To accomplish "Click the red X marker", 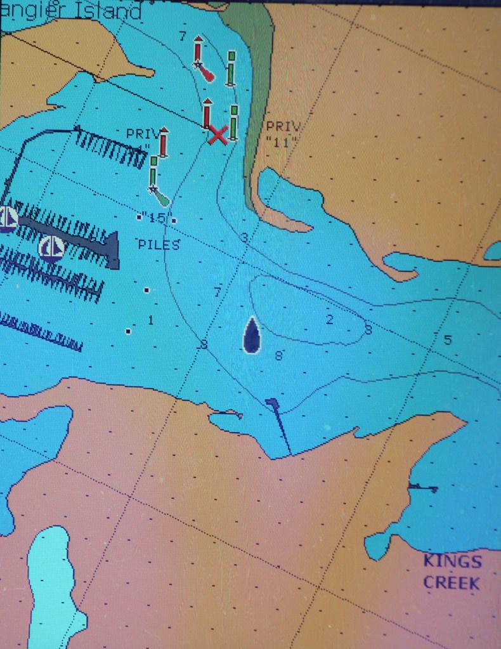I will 218,134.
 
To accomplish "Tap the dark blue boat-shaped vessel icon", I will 252,336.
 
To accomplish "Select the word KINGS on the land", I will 452,561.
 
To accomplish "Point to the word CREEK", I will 452,582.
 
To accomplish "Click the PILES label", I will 159,245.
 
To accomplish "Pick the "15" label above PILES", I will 154,219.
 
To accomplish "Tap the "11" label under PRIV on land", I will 282,142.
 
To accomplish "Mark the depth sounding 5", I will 448,341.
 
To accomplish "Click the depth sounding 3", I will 244,238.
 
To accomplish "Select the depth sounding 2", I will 329,320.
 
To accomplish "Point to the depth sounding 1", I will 150,320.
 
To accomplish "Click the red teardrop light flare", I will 207,74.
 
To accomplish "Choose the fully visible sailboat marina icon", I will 51,249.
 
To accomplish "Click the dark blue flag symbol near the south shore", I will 273,403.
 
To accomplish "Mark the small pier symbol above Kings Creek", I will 422,487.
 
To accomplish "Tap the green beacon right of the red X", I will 233,122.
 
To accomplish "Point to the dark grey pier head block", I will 112,250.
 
